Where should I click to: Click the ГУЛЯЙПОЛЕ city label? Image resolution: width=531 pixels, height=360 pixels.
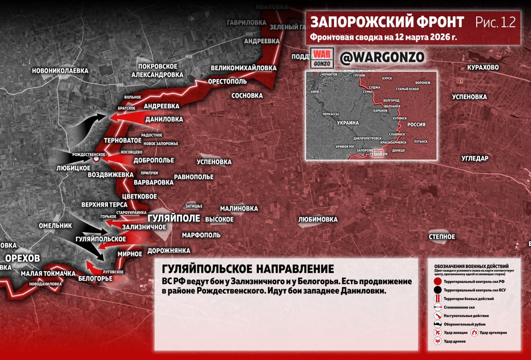[x=174, y=218]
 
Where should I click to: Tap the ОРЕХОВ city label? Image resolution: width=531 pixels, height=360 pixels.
[x=23, y=258]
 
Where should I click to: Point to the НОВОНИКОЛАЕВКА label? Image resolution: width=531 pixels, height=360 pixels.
[x=60, y=71]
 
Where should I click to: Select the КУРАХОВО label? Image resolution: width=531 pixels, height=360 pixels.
[x=483, y=67]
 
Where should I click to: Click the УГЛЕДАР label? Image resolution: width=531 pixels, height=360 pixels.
[x=475, y=158]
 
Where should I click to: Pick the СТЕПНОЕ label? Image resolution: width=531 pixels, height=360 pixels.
[x=442, y=237]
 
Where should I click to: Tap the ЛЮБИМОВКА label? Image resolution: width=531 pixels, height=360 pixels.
[x=318, y=219]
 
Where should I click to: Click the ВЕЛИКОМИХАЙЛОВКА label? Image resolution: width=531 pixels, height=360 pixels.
[x=244, y=68]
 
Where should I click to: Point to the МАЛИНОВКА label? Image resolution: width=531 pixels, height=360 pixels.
[x=239, y=208]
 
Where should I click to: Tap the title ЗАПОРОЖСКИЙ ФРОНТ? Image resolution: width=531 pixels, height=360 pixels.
[x=387, y=22]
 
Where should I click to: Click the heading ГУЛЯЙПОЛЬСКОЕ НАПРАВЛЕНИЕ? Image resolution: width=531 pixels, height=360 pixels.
[x=248, y=269]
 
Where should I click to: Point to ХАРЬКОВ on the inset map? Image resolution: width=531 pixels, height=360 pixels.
[x=380, y=110]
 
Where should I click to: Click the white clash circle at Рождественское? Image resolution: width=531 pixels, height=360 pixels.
[x=96, y=159]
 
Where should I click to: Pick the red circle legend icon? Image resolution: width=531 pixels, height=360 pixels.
[x=437, y=282]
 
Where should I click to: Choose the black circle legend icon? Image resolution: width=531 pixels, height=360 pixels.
[x=437, y=290]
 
